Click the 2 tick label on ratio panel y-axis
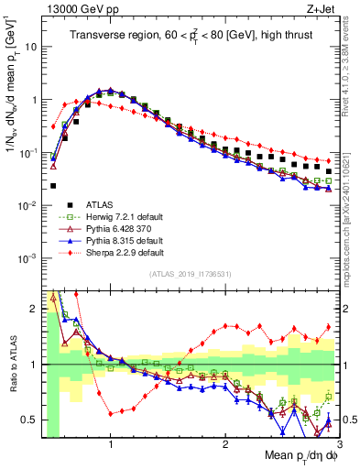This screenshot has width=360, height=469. click(x=33, y=309)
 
